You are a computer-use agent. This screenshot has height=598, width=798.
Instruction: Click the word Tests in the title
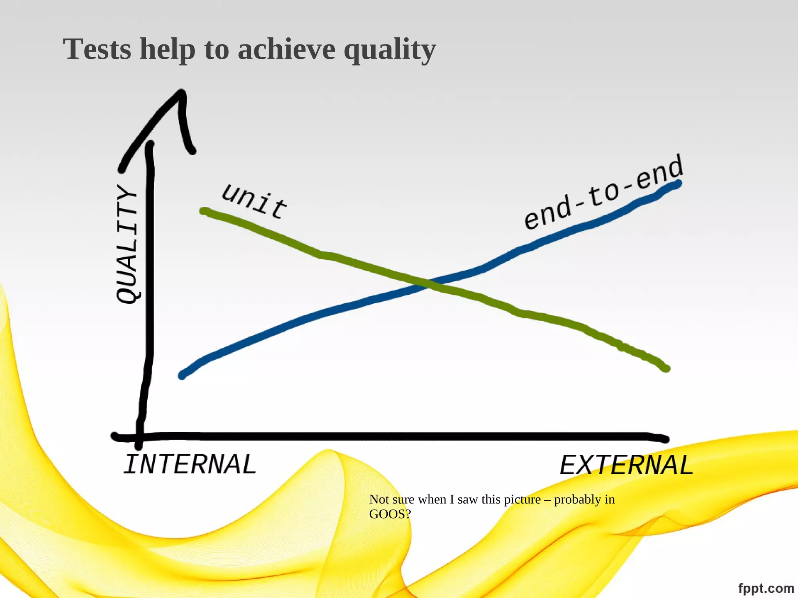[x=97, y=49]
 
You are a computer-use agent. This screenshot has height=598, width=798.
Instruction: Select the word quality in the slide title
[x=389, y=51]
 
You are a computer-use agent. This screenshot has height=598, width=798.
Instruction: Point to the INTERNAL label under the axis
[x=190, y=464]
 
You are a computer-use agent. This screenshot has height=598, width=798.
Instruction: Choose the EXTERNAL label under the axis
[x=626, y=465]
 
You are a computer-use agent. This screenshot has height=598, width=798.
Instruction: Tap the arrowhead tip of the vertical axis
[x=182, y=93]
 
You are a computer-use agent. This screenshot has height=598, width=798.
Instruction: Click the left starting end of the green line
[x=203, y=211]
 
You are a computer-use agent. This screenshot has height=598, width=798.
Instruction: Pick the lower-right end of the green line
[x=666, y=368]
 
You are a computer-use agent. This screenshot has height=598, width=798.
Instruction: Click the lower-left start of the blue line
[x=182, y=376]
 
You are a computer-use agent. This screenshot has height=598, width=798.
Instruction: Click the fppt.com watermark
[x=766, y=588]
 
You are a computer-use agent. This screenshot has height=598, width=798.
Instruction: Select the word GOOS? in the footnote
[x=390, y=514]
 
